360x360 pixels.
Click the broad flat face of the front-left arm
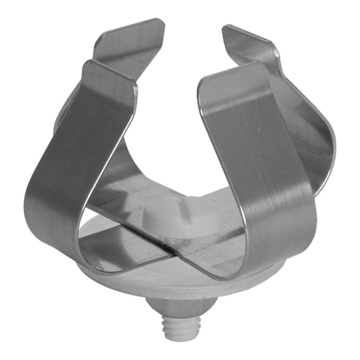pos(90,144)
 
